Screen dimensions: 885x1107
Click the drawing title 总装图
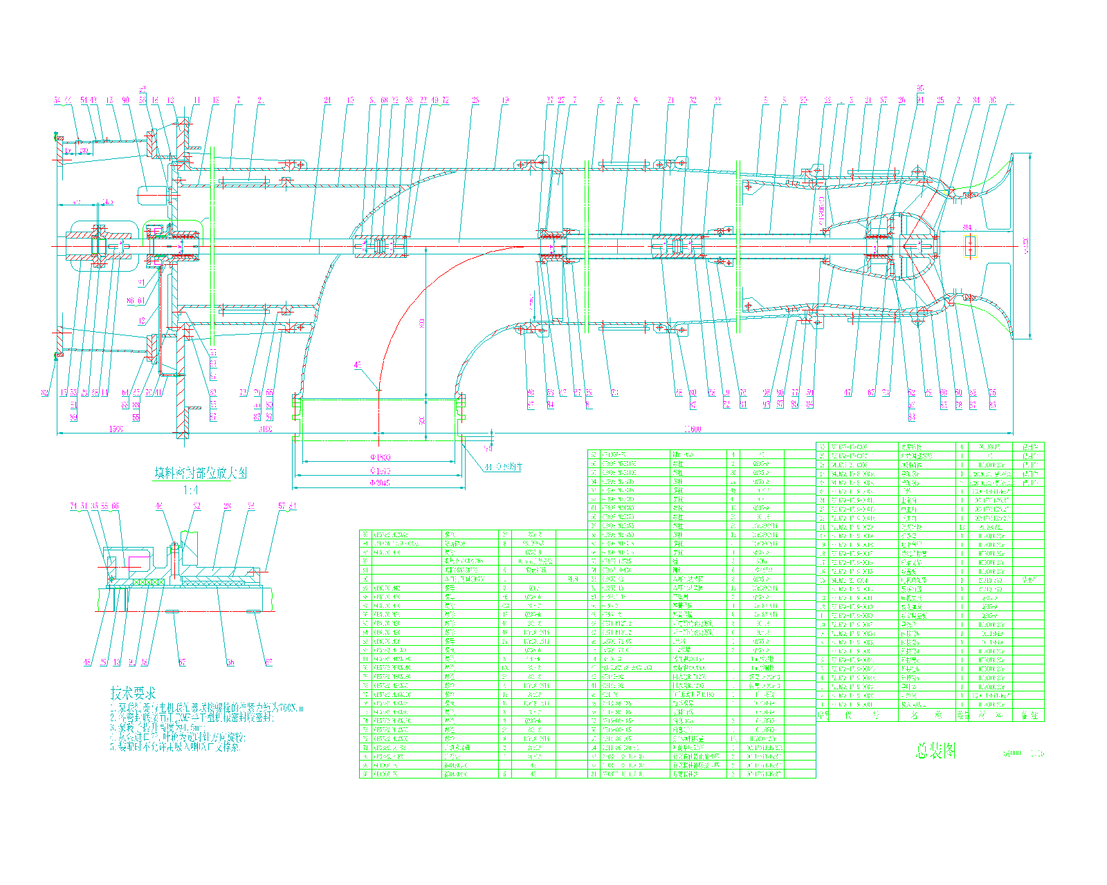click(x=936, y=751)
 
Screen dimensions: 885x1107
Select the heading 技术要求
click(x=133, y=692)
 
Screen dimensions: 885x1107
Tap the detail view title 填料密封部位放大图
click(x=200, y=473)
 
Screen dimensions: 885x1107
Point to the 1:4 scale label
click(x=190, y=490)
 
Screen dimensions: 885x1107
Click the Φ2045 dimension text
click(x=379, y=483)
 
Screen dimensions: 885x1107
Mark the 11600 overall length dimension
click(x=692, y=429)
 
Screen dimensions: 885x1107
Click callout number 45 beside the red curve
click(x=357, y=365)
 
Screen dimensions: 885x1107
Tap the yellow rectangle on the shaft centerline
click(x=970, y=245)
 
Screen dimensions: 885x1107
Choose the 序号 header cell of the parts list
click(x=823, y=715)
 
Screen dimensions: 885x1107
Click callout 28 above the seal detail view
click(x=227, y=506)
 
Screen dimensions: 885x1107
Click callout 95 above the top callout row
click(x=920, y=88)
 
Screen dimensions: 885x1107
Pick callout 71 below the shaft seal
click(x=614, y=393)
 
